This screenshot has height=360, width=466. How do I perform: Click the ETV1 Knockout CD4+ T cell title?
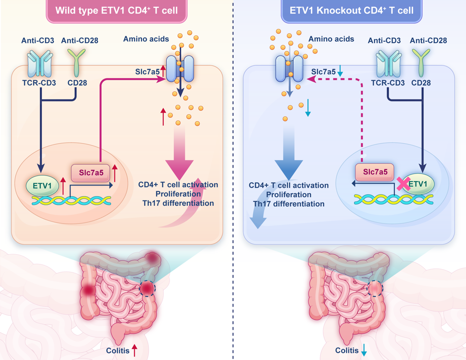pos(350,10)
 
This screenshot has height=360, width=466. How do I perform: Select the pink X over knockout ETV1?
pos(403,183)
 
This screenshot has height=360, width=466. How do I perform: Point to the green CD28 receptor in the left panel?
pos(77,62)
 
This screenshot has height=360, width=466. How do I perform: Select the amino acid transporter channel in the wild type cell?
pos(180,67)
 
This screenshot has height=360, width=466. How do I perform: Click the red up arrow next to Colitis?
pos(135,350)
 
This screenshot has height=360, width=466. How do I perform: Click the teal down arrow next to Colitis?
pos(364,350)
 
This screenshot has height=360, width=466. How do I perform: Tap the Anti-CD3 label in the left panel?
pos(37,40)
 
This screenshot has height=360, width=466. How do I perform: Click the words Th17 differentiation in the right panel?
pos(289,203)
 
